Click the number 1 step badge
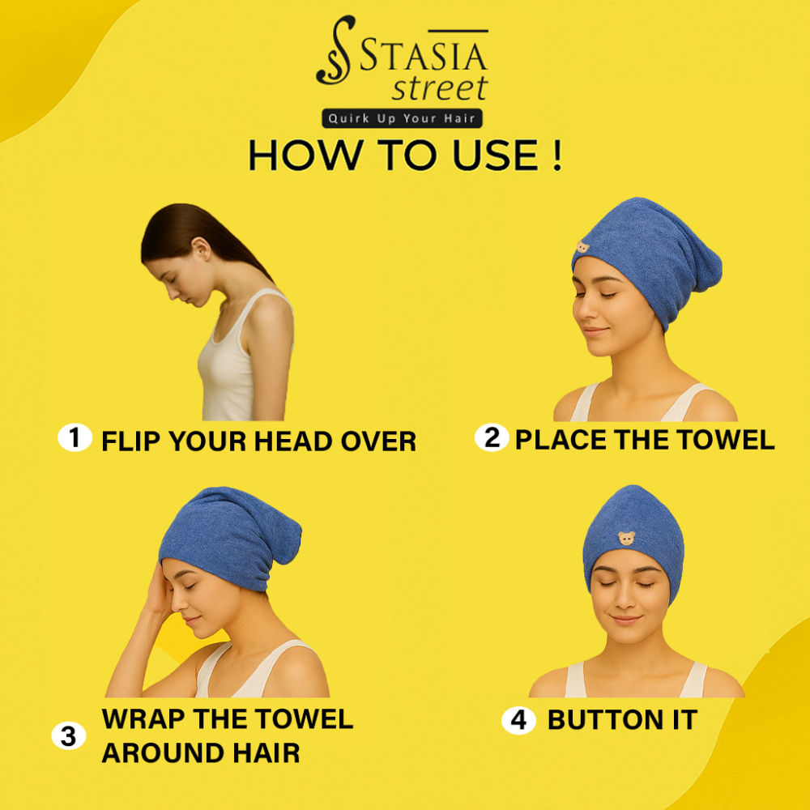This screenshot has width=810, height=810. [75, 437]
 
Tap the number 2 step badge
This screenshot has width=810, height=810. [492, 437]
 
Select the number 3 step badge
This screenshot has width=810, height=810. [69, 735]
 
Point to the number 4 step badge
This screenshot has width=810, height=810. [518, 719]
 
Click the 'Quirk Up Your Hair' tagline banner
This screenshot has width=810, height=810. [402, 118]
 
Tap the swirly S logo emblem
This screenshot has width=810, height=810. [336, 50]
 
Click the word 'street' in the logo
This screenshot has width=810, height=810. [440, 88]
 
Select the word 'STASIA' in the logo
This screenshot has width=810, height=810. [424, 56]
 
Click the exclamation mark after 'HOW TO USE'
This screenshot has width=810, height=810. [556, 155]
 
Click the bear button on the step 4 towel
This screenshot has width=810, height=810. [627, 539]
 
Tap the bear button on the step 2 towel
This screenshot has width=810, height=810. [582, 247]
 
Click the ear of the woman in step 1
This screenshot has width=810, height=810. [202, 249]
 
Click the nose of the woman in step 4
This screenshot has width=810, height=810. [625, 599]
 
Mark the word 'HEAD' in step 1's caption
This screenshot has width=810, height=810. [292, 441]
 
